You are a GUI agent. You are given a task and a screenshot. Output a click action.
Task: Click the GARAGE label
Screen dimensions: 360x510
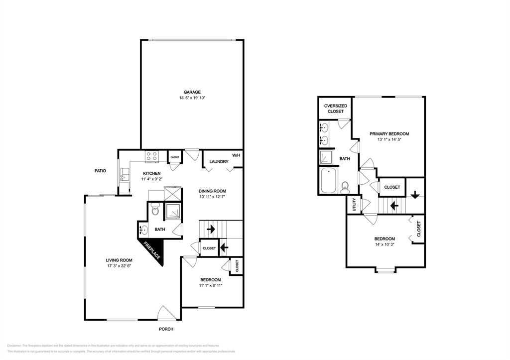coord(192,92)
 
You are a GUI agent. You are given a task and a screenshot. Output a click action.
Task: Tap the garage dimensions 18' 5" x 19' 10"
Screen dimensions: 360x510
coord(192,98)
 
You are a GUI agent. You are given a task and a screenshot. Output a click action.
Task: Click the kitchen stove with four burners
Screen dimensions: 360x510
coord(151,157)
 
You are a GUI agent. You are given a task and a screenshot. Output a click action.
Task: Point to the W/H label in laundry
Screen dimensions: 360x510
coord(236,155)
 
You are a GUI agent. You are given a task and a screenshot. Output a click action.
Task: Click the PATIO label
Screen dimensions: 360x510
coord(100,171)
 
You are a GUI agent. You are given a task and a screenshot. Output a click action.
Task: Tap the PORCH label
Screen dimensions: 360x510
coord(166,329)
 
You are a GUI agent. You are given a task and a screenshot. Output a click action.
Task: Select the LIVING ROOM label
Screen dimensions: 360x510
coord(119,260)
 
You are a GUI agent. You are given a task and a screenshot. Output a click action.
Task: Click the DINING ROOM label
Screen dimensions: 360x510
coord(212,191)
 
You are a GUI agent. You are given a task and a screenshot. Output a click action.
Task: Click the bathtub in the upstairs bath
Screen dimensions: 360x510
coord(329,182)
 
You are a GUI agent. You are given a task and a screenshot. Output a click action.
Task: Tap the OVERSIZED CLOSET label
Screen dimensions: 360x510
coord(335,109)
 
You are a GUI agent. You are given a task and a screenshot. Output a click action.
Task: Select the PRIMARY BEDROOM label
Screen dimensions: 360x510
coord(389,133)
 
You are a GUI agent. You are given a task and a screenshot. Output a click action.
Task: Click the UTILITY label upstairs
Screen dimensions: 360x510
coord(354,205)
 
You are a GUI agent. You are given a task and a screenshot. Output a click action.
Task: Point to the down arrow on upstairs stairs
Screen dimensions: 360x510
coord(414,194)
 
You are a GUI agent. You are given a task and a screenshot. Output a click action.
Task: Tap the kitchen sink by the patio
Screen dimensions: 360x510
coord(123,175)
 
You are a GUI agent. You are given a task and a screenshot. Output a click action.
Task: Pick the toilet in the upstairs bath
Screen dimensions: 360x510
coord(345,188)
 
